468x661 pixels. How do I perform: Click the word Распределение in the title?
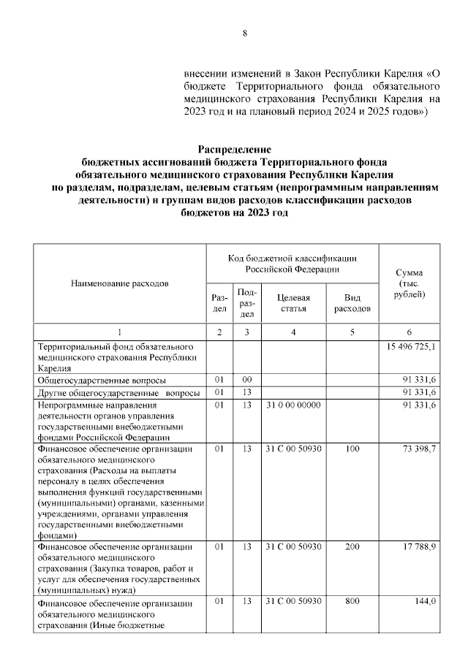pos(234,149)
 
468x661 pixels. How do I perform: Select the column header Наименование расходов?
pos(120,282)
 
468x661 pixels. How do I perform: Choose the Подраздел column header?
pos(247,303)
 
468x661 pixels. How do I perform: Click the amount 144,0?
pos(426,601)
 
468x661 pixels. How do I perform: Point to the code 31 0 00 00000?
pos(292,405)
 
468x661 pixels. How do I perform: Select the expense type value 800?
pos(352,601)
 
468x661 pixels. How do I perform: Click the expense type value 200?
pos(352,546)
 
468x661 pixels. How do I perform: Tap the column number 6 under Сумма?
pos(410,332)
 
